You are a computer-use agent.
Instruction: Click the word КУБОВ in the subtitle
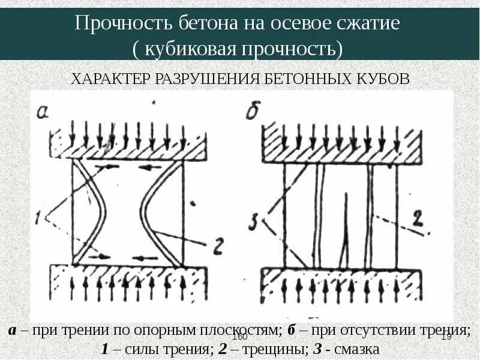pos(385,79)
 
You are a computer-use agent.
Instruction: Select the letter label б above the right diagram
pos(252,111)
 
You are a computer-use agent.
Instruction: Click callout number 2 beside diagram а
pos(217,245)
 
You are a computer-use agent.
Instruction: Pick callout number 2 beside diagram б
pos(418,220)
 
